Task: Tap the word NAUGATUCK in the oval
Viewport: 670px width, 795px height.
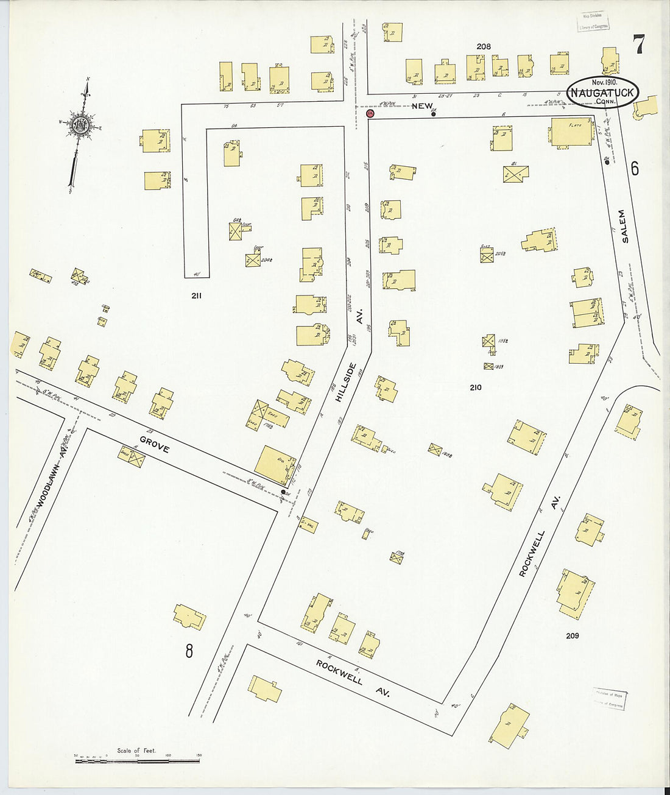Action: coord(602,93)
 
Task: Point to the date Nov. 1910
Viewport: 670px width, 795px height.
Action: coord(604,82)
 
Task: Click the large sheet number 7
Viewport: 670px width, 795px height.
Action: coord(638,44)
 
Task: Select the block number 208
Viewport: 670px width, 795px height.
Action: coord(484,46)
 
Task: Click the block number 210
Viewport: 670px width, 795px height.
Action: coord(475,387)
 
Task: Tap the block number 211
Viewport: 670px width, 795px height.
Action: coord(196,296)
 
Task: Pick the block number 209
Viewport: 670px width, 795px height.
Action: coord(572,635)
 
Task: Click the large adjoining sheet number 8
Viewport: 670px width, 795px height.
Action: coord(189,651)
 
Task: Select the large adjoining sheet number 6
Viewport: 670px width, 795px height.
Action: coord(635,168)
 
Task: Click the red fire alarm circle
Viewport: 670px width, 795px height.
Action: coord(370,113)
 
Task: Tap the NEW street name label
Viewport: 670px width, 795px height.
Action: coord(422,106)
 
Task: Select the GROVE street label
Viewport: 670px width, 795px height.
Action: coord(154,444)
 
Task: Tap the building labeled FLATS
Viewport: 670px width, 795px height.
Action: coord(571,132)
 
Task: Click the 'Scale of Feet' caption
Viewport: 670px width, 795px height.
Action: coord(136,751)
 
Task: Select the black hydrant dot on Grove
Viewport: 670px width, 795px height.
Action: coord(283,492)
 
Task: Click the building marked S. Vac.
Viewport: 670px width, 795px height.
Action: coord(308,525)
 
